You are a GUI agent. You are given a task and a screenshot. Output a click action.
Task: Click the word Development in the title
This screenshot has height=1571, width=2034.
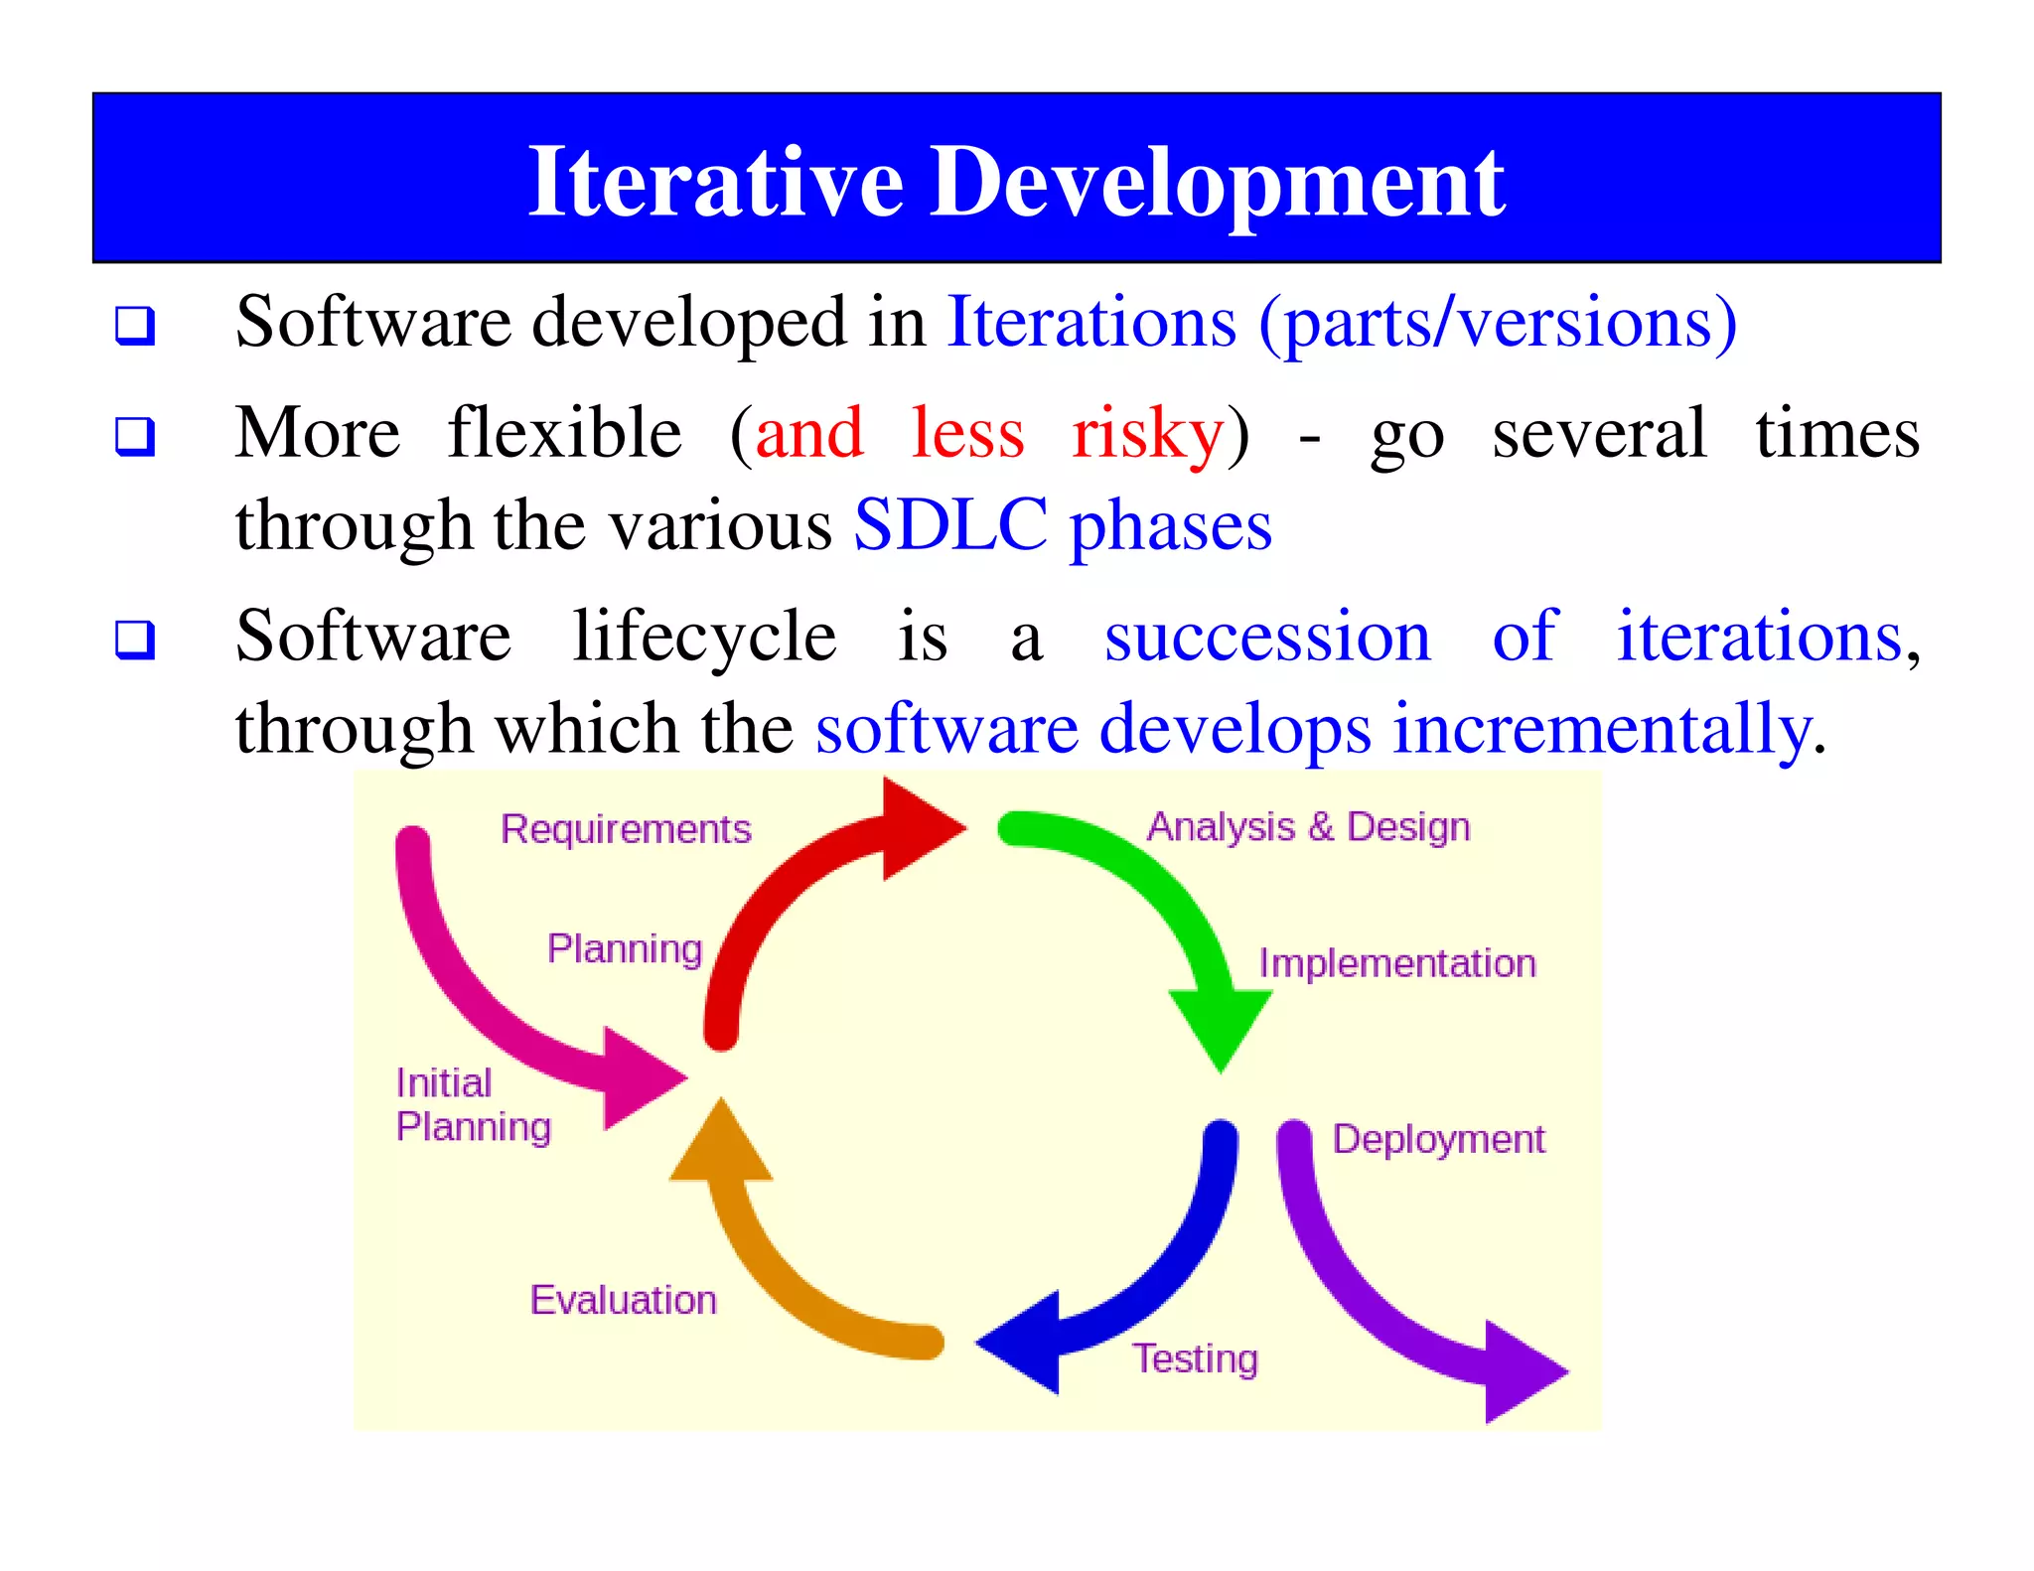pyautogui.click(x=1217, y=183)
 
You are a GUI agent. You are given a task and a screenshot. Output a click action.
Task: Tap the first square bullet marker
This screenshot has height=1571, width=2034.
pyautogui.click(x=135, y=325)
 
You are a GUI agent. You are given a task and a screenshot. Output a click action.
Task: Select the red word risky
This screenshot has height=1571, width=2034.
pyautogui.click(x=1147, y=434)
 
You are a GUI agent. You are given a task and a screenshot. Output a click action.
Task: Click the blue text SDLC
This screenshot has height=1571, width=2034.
pyautogui.click(x=950, y=524)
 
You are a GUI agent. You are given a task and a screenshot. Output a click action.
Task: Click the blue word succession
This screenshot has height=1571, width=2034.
pyautogui.click(x=1267, y=636)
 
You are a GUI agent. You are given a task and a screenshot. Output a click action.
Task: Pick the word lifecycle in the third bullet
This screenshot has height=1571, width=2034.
pyautogui.click(x=704, y=636)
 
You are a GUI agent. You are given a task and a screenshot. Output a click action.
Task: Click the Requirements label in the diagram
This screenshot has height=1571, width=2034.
pyautogui.click(x=626, y=829)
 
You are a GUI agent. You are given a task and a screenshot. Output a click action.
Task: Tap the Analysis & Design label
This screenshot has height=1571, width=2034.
pyautogui.click(x=1308, y=827)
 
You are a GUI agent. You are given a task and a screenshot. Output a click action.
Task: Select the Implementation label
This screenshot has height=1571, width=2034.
pyautogui.click(x=1397, y=963)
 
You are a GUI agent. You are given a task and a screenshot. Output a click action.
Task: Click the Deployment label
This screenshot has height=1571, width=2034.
pyautogui.click(x=1438, y=1139)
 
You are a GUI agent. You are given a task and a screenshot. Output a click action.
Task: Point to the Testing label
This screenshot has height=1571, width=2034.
pyautogui.click(x=1196, y=1357)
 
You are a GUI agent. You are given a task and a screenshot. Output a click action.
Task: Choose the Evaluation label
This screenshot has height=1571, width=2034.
pyautogui.click(x=623, y=1300)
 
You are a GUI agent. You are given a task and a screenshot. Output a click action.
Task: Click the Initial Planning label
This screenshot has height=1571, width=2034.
pyautogui.click(x=472, y=1104)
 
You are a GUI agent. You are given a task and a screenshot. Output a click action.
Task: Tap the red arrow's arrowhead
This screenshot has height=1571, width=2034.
pyautogui.click(x=919, y=828)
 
